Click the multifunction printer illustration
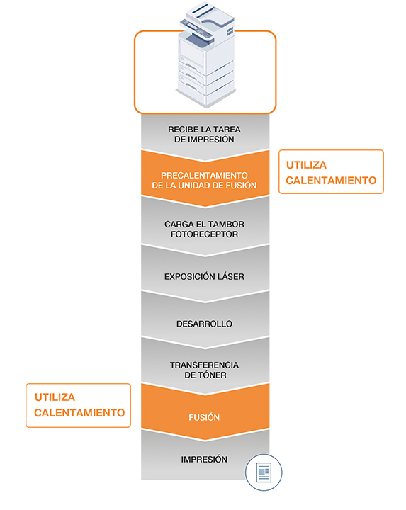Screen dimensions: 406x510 click(206, 55)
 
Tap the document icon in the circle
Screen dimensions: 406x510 click(264, 472)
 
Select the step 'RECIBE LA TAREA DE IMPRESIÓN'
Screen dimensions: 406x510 click(204, 135)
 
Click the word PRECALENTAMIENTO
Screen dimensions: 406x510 click(204, 176)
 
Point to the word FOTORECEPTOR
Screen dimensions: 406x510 click(204, 234)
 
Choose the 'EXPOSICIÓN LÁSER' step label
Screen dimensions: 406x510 click(204, 276)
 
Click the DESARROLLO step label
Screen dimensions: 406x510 click(204, 324)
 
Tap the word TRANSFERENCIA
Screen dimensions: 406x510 click(204, 365)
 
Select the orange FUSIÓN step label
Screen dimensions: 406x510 click(204, 417)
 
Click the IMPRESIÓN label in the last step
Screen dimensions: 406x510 click(204, 459)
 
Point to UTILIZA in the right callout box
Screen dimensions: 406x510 click(306, 165)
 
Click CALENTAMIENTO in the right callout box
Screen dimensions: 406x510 click(331, 180)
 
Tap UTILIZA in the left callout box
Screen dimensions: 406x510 click(55, 397)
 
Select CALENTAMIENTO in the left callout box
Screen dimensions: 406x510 click(79, 413)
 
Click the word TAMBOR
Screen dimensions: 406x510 click(227, 224)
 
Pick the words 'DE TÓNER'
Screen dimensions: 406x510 click(205, 375)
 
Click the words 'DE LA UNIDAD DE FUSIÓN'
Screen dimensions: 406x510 click(204, 186)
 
